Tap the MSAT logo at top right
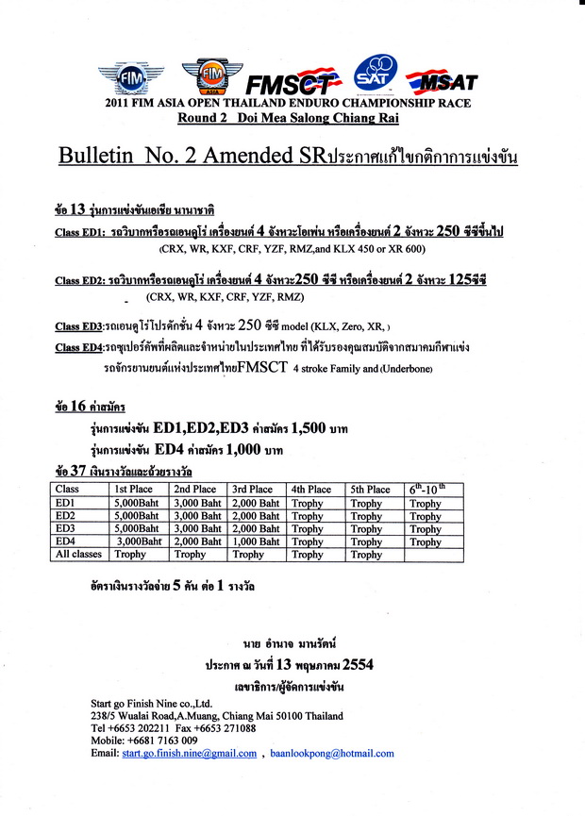[x=443, y=78]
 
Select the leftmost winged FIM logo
[x=131, y=76]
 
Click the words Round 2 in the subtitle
[x=204, y=117]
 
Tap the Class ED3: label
[x=81, y=326]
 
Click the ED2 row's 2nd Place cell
[x=197, y=516]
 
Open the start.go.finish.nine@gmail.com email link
[x=189, y=754]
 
